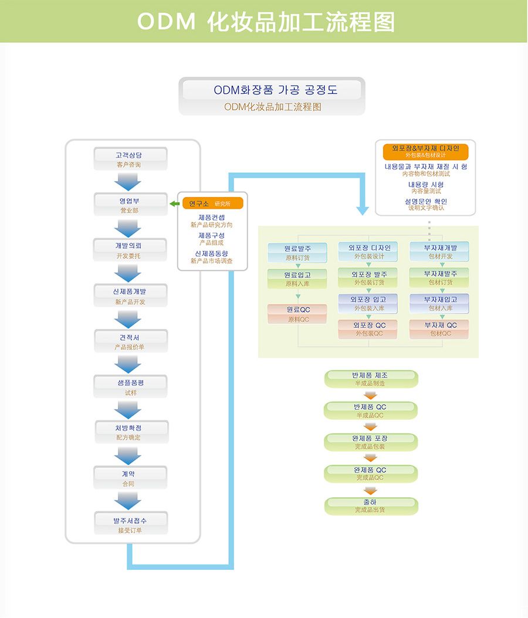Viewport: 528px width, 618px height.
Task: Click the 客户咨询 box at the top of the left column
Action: click(x=130, y=159)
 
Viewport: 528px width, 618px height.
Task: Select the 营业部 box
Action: click(x=130, y=205)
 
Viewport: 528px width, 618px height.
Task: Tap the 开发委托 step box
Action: click(x=130, y=250)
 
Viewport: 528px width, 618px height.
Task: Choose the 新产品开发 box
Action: click(x=130, y=296)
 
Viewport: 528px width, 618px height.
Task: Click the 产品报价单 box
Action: click(x=130, y=341)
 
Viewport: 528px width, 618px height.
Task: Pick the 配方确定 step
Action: click(x=130, y=432)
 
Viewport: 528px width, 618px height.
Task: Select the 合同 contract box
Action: click(x=130, y=478)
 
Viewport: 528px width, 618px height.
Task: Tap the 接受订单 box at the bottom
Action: click(x=130, y=524)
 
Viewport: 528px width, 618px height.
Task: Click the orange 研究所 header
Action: click(x=212, y=203)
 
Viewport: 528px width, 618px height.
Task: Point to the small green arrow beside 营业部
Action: click(x=174, y=203)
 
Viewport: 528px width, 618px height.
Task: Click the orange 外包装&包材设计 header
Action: click(x=425, y=151)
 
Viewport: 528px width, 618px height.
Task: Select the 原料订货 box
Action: click(x=297, y=252)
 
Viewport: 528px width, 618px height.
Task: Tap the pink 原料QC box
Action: click(x=297, y=314)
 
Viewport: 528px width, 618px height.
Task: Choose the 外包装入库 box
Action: click(x=368, y=303)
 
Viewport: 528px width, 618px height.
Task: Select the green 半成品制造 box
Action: click(x=370, y=379)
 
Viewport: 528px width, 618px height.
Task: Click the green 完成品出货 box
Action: click(x=370, y=506)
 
